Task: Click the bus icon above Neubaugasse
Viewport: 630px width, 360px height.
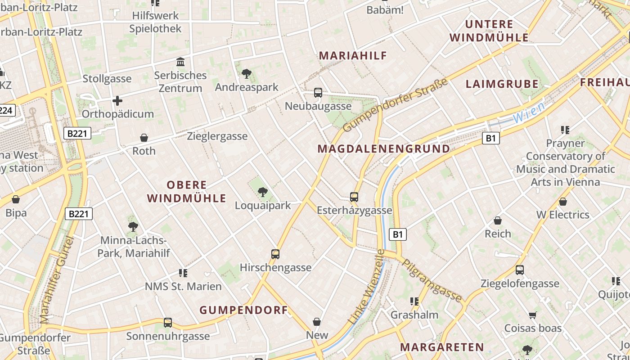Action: click(x=318, y=93)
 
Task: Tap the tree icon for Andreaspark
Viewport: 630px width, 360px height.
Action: click(x=246, y=74)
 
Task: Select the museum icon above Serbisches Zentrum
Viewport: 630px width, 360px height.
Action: click(x=180, y=62)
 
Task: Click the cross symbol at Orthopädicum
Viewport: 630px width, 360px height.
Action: click(x=117, y=101)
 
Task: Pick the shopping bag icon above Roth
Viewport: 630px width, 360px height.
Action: click(x=144, y=138)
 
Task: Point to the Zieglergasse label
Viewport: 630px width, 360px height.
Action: click(x=217, y=136)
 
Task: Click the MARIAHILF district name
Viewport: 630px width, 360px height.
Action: click(x=353, y=56)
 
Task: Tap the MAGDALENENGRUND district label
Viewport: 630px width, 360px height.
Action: click(x=383, y=148)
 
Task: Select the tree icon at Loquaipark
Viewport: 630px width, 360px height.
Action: click(x=263, y=193)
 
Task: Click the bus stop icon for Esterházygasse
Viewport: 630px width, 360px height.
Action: click(x=354, y=197)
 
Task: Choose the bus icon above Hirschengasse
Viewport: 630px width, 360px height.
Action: click(x=275, y=254)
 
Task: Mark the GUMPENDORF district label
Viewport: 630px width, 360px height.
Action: click(x=243, y=310)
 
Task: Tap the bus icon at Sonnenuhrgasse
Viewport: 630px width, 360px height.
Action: click(x=168, y=323)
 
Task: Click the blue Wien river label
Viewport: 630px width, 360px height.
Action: click(x=529, y=112)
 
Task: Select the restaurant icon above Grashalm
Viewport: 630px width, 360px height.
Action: click(x=414, y=301)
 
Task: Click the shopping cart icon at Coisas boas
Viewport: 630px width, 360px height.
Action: click(x=533, y=315)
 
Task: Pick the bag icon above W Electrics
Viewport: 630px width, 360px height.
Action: click(x=562, y=202)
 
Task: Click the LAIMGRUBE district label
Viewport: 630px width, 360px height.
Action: click(x=502, y=84)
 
